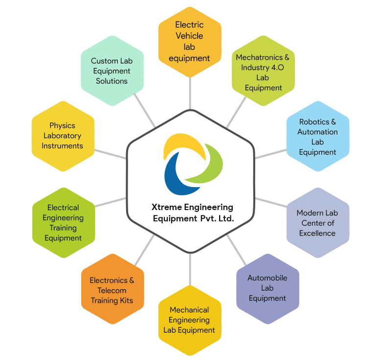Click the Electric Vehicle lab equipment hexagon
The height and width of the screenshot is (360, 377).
point(189,42)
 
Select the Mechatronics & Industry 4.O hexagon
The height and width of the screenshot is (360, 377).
point(263,72)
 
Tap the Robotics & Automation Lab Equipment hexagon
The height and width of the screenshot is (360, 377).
point(318,137)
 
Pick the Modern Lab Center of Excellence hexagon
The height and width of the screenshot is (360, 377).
point(317,223)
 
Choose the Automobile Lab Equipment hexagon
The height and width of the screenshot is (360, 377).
point(267,288)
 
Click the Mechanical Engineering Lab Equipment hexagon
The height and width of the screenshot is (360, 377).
point(189,320)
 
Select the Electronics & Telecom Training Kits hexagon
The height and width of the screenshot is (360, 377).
point(112,290)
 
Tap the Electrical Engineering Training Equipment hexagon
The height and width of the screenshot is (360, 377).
point(63,223)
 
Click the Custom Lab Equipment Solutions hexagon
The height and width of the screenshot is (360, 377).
point(112,71)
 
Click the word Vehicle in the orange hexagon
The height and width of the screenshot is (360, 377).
point(189,36)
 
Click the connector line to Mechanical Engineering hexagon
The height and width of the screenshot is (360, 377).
point(190,268)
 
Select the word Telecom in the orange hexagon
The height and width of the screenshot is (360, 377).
point(112,290)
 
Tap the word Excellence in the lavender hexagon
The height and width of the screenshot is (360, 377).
point(317,233)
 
